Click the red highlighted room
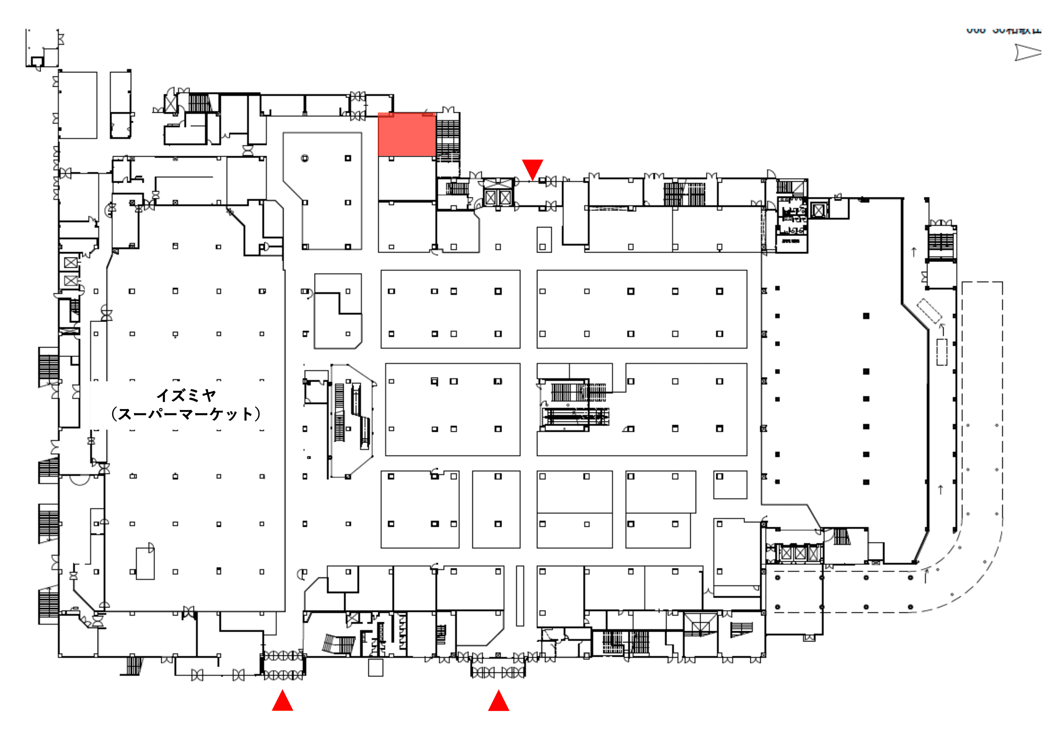pos(407,134)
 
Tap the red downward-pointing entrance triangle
pos(532,169)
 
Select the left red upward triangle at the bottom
pos(282,701)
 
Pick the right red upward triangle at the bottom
pos(499,701)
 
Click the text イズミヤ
pos(186,395)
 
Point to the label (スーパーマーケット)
pos(186,414)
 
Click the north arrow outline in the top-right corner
pos(1027,52)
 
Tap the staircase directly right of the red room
pos(448,136)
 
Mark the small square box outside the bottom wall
pos(375,668)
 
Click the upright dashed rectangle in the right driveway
pos(942,352)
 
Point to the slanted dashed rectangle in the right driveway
pos(930,311)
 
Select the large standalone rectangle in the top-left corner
pos(78,105)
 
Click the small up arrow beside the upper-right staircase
pos(914,252)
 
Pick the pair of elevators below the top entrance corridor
pos(498,198)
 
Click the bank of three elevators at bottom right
pos(800,553)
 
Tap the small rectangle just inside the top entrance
pos(544,239)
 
